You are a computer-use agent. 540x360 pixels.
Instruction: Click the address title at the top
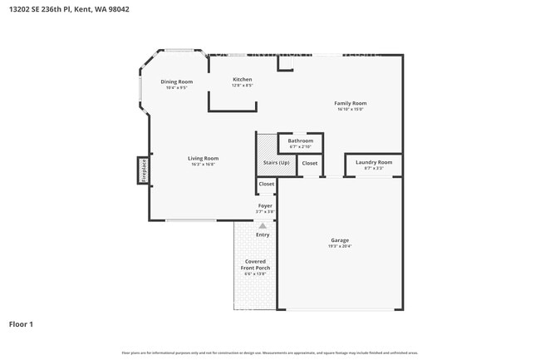(69, 9)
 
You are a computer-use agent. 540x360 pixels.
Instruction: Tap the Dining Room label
(176, 81)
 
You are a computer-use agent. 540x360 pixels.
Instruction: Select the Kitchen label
(242, 79)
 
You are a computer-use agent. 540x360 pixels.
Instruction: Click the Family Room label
(351, 103)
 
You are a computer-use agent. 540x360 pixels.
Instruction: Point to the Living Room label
(202, 158)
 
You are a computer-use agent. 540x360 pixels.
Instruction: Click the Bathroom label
(300, 141)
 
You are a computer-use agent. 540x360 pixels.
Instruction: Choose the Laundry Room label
(373, 162)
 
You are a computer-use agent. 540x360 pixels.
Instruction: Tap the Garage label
(340, 240)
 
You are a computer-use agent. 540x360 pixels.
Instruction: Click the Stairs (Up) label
(276, 162)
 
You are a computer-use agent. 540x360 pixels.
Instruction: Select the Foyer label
(265, 205)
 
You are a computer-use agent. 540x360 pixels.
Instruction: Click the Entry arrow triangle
(263, 225)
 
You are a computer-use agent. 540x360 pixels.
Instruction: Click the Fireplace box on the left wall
(143, 170)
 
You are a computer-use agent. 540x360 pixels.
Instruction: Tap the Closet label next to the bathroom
(309, 163)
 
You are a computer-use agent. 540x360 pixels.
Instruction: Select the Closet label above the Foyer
(266, 184)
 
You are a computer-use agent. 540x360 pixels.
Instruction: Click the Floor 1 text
(21, 323)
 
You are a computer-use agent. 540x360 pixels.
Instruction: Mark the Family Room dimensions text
(351, 109)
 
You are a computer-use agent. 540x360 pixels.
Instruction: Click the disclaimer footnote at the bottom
(269, 353)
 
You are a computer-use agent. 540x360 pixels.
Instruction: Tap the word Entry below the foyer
(263, 234)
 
